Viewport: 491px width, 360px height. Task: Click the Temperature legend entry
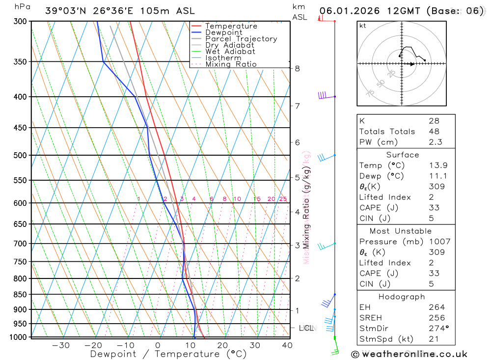click(x=231, y=26)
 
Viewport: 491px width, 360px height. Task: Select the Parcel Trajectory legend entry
click(x=241, y=39)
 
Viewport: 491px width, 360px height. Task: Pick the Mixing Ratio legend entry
click(x=231, y=64)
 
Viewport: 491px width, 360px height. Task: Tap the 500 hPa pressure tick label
click(x=20, y=155)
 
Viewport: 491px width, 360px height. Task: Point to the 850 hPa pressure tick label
click(x=20, y=295)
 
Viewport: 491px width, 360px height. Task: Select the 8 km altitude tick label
click(x=298, y=68)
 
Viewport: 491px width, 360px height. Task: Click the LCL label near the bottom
click(x=307, y=328)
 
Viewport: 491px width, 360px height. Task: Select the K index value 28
click(x=434, y=121)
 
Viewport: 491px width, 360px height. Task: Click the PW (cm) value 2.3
click(x=436, y=142)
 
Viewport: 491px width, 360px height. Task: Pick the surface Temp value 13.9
click(x=438, y=166)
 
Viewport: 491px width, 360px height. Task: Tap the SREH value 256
click(x=436, y=318)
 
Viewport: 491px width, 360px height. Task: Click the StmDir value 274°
click(x=438, y=329)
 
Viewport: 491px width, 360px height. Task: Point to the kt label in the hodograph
click(x=362, y=26)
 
